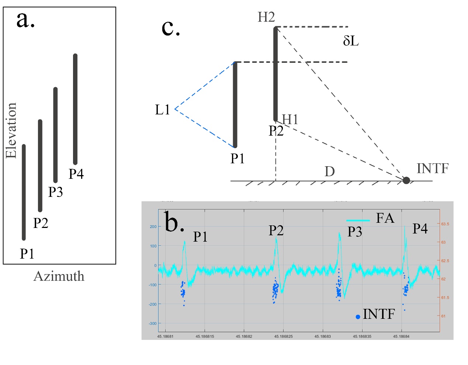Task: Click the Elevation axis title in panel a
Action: pos(11,131)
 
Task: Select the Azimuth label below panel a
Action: pos(59,276)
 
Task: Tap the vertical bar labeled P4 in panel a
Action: pos(75,109)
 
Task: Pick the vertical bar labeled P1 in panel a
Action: pos(24,192)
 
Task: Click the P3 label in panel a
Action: pos(56,192)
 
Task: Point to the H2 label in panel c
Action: pos(266,17)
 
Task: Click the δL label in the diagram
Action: pos(351,41)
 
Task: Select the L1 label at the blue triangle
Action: pos(163,110)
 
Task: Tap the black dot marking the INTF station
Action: pos(406,180)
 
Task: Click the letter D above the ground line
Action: pos(330,171)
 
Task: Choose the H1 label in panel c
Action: pos(290,119)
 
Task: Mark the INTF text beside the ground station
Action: pos(433,168)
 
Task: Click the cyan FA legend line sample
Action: pos(358,220)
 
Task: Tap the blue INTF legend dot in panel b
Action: pos(358,317)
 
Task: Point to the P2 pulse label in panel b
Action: pos(276,231)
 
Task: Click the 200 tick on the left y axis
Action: pos(153,226)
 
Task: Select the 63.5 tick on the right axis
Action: pos(445,224)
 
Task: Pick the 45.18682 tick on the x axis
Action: pos(244,337)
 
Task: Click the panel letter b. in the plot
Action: pos(174,222)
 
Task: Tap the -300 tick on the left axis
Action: pos(153,324)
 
